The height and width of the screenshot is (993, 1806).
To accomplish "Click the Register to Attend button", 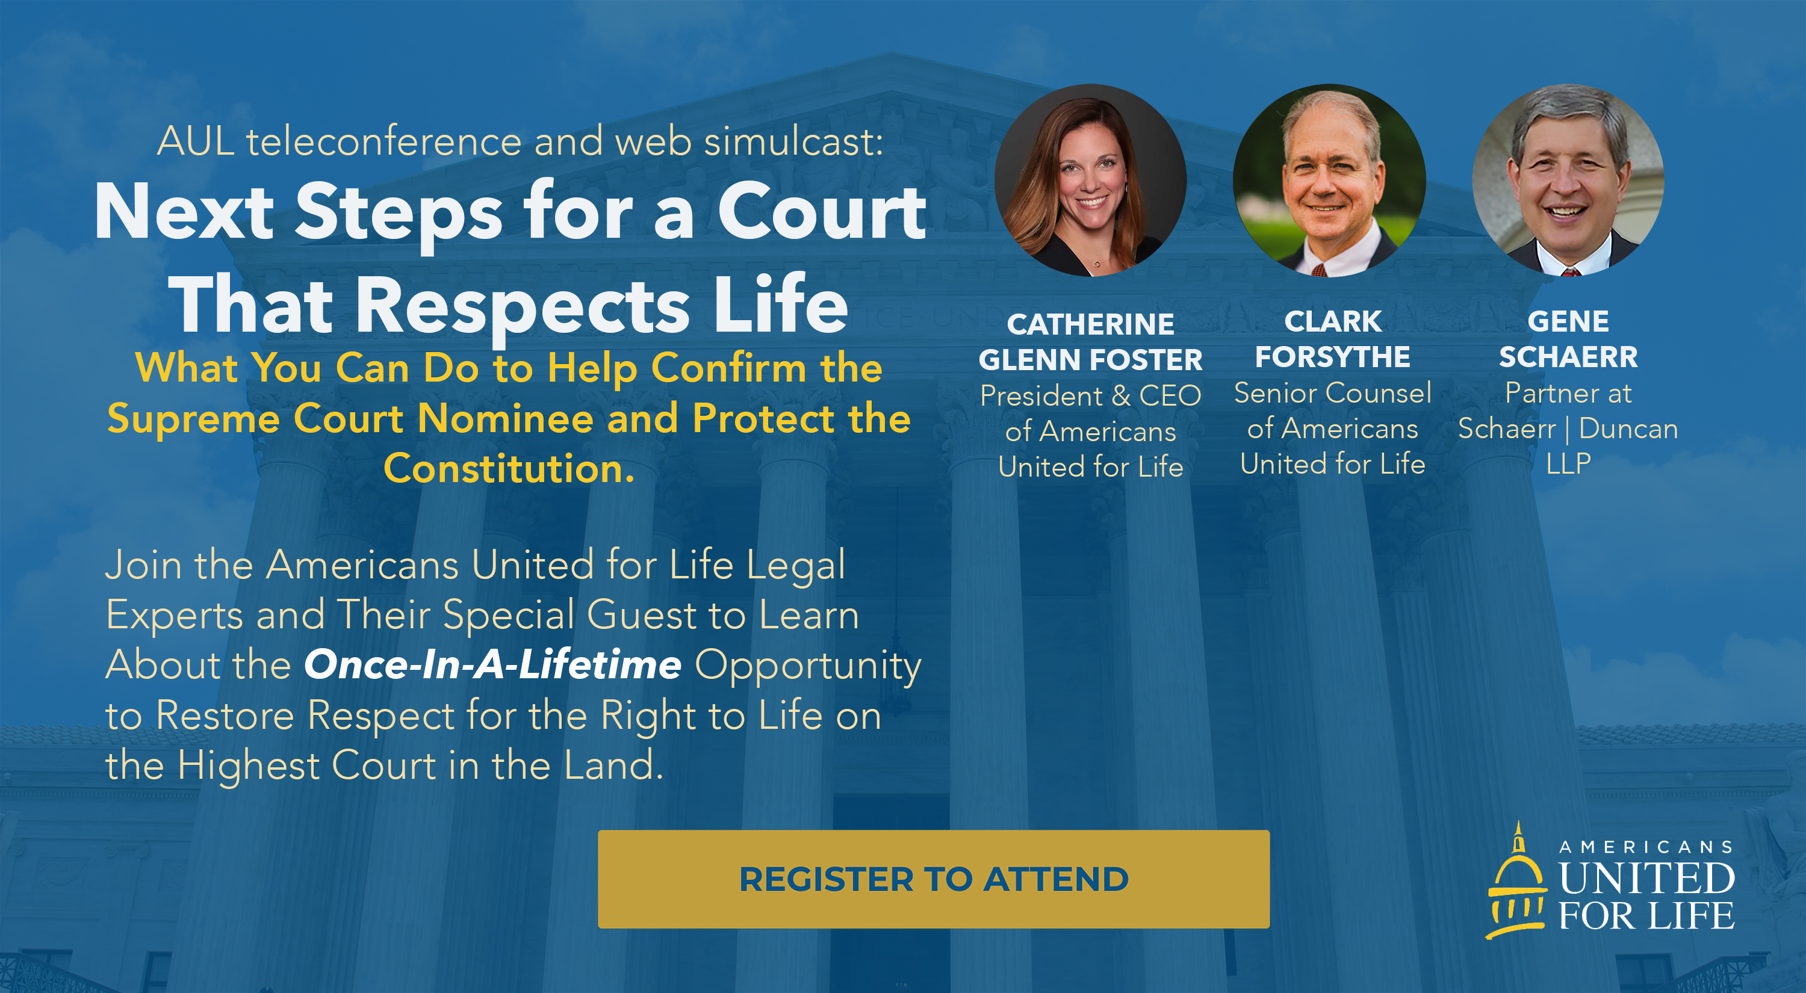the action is click(x=933, y=879).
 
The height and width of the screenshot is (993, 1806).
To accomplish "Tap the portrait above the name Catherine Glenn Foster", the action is click(x=1091, y=180).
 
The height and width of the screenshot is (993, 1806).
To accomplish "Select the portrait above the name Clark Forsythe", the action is click(x=1329, y=180).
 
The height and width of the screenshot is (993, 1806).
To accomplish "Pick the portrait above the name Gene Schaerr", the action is click(x=1568, y=180).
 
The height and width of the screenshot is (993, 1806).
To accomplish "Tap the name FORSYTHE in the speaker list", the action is click(x=1332, y=357).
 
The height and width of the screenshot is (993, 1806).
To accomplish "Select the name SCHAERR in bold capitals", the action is click(x=1568, y=357).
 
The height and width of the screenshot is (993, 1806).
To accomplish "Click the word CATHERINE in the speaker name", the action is click(x=1090, y=324).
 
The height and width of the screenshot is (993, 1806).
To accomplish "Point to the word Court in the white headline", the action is click(x=822, y=210).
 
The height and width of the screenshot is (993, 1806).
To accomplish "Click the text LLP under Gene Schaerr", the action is click(x=1568, y=463).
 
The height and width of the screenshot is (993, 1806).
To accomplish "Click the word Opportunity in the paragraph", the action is click(x=808, y=665).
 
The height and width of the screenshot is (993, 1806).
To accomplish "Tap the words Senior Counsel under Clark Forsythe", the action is click(x=1332, y=392).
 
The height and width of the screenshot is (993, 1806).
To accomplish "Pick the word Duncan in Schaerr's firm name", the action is click(x=1628, y=428).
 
